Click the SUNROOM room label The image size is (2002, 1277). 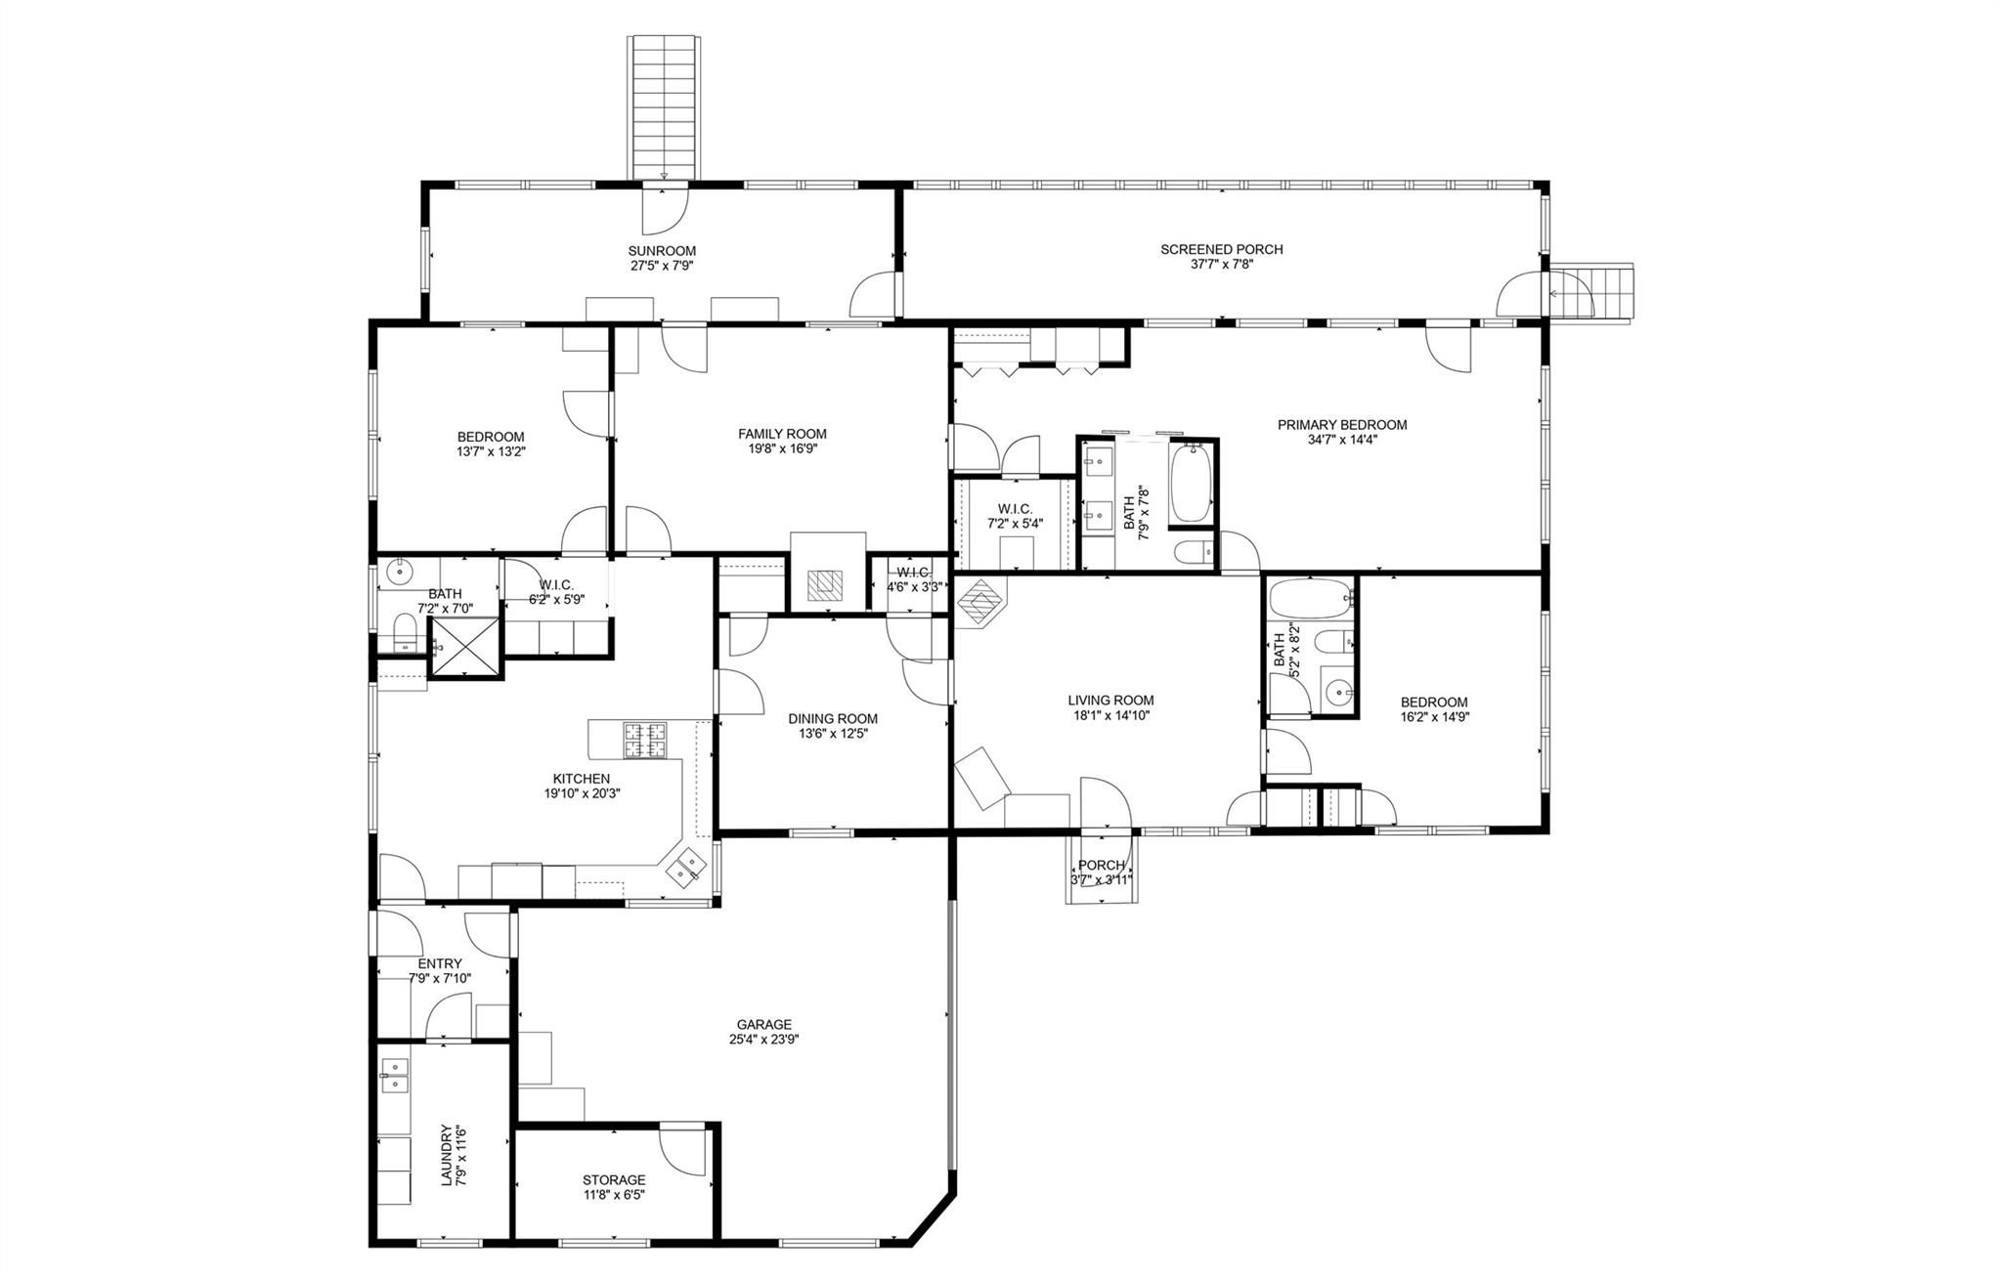(662, 251)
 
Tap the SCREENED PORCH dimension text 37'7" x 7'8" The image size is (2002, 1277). (1221, 264)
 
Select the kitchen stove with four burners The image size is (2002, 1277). (645, 740)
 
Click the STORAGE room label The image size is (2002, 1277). (613, 1179)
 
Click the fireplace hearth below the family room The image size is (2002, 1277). (828, 585)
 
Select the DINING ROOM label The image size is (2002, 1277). (833, 718)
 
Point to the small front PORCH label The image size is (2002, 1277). (1101, 865)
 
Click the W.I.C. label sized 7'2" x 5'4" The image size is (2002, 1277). (1015, 508)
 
